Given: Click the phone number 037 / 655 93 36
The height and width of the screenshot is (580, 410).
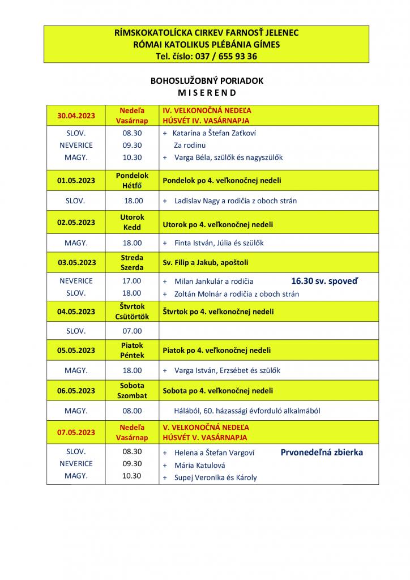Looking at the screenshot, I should [x=225, y=56].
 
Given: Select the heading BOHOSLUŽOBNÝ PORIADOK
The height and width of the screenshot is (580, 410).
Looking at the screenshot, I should [x=207, y=81].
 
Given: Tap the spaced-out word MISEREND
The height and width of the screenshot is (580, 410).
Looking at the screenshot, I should [x=207, y=92].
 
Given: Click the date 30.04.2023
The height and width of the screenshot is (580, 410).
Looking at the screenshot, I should [x=76, y=116].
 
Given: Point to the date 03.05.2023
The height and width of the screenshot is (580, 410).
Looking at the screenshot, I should [x=76, y=262].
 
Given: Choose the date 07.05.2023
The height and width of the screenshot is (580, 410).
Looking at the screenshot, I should [x=76, y=432].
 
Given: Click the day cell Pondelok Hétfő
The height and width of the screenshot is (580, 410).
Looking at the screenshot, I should [x=132, y=180].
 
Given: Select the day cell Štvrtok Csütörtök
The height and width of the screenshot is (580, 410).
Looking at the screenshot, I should [x=132, y=311].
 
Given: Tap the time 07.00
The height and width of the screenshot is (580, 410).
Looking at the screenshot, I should [x=133, y=331].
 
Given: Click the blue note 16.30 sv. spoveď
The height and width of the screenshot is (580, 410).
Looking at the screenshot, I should [x=324, y=280].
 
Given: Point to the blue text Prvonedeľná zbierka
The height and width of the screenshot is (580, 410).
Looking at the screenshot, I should [x=322, y=452].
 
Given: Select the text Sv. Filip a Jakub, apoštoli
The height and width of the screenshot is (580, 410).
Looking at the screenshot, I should [x=206, y=263].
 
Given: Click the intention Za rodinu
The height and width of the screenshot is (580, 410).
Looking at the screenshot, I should [x=190, y=145].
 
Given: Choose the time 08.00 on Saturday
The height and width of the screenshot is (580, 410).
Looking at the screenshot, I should [x=133, y=411].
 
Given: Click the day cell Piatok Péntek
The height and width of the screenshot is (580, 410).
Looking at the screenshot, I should [x=132, y=350].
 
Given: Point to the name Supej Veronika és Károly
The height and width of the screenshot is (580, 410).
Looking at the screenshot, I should [x=215, y=477].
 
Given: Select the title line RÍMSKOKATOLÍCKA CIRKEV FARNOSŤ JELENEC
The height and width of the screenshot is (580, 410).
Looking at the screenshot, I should [x=207, y=33].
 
